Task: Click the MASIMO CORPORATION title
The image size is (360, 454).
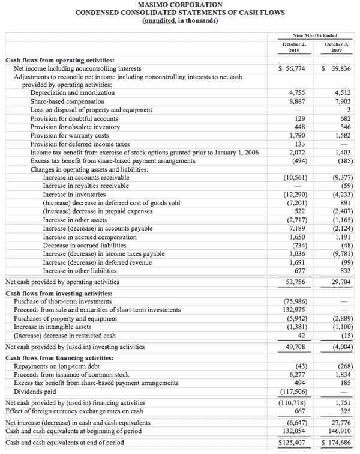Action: click(x=179, y=5)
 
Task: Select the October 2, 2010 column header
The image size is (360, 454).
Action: click(x=294, y=47)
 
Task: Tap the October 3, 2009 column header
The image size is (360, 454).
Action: click(x=337, y=47)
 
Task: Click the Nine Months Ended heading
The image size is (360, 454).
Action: click(x=315, y=35)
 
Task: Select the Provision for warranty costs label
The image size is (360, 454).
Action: click(x=70, y=136)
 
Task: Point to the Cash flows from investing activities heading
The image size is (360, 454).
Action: click(x=54, y=294)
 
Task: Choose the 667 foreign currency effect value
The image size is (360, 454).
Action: click(x=299, y=411)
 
